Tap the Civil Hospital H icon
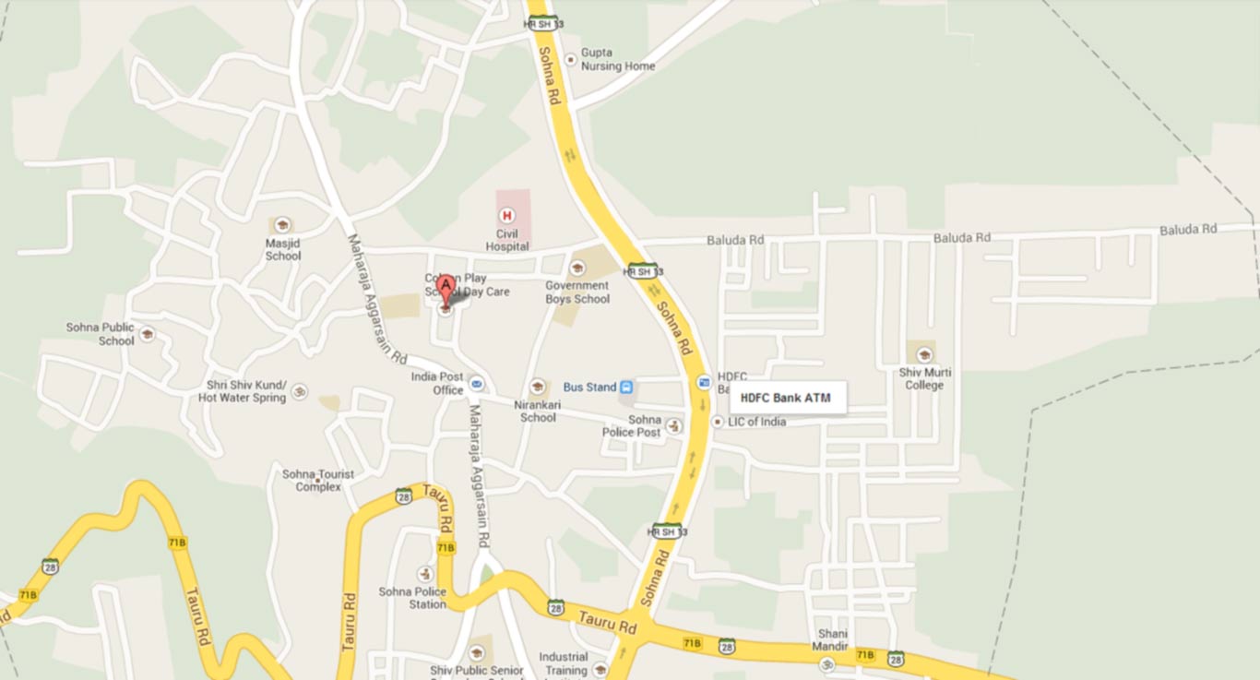[505, 215]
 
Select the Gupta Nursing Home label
[617, 60]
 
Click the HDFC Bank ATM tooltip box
[788, 399]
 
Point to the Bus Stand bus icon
[626, 388]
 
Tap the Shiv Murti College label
[924, 378]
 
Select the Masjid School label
[283, 249]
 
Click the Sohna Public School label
[101, 334]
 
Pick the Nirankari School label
[538, 411]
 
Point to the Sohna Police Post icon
[674, 426]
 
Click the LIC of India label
[756, 423]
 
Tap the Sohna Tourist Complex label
[317, 481]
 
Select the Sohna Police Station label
[412, 598]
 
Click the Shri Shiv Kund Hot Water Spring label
[244, 391]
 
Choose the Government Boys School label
[577, 292]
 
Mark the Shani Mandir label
[831, 640]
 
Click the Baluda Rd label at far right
[1188, 229]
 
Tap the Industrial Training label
[563, 663]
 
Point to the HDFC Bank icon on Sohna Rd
[704, 381]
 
